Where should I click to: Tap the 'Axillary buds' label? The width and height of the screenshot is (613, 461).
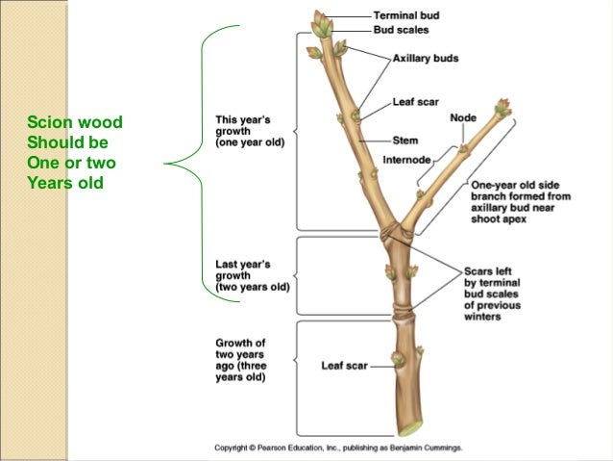click(425, 59)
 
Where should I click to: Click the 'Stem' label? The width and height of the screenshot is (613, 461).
click(405, 141)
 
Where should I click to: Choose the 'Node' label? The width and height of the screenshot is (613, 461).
click(462, 118)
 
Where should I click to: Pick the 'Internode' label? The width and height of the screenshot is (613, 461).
click(405, 160)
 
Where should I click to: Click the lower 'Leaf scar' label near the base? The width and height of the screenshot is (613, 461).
click(343, 366)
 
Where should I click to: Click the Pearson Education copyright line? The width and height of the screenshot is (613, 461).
click(338, 448)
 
